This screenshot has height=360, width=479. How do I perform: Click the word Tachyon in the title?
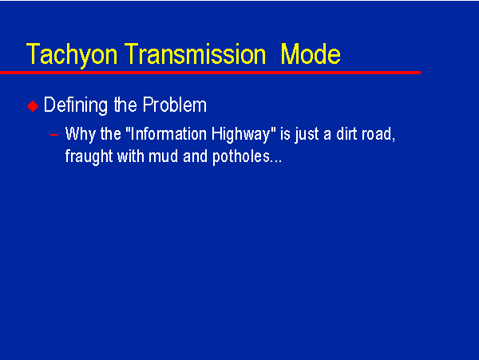click(x=72, y=55)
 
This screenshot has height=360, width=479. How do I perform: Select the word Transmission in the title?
click(x=196, y=54)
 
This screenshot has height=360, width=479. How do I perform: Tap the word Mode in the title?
click(x=311, y=54)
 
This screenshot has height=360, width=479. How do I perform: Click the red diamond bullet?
click(x=33, y=106)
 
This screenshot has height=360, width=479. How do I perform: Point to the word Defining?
click(x=76, y=105)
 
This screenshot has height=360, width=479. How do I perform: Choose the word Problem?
click(x=175, y=105)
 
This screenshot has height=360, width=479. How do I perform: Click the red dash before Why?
click(x=54, y=134)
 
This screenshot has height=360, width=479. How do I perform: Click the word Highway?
click(x=241, y=134)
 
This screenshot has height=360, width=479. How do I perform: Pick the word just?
click(x=307, y=134)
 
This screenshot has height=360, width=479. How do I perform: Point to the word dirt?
click(x=346, y=134)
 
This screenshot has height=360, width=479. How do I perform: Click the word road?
click(x=377, y=134)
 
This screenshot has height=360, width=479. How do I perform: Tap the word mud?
click(x=163, y=156)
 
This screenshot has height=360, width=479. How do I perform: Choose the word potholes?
click(x=241, y=157)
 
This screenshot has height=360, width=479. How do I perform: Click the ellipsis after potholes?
click(x=276, y=161)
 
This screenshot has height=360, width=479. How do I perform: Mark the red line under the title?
click(x=210, y=73)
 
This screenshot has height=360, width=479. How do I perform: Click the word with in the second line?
click(x=131, y=156)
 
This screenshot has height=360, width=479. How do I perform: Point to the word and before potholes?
click(x=196, y=156)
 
